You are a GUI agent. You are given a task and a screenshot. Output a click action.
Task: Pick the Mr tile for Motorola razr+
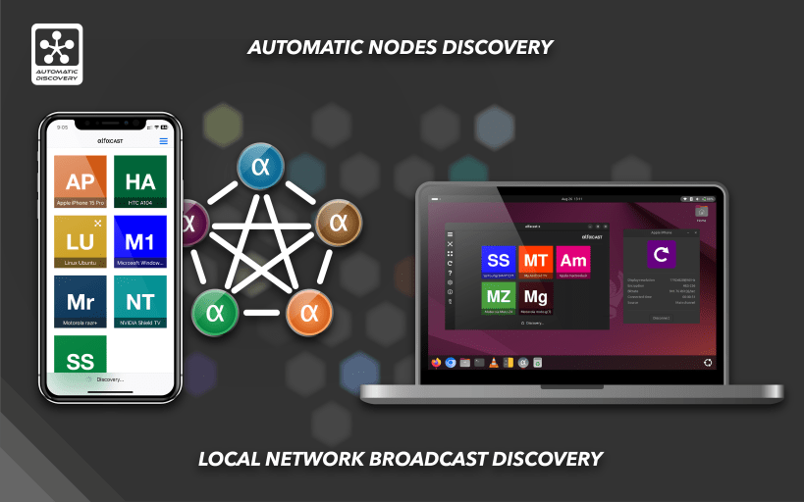(80, 301)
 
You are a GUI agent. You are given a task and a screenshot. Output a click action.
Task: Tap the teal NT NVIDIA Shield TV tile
(140, 301)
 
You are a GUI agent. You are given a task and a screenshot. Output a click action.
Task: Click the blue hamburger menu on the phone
(164, 141)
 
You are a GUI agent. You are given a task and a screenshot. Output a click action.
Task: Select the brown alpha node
(339, 223)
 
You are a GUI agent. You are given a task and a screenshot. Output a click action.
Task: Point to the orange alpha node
(309, 313)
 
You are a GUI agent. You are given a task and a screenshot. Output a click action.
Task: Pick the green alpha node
(214, 313)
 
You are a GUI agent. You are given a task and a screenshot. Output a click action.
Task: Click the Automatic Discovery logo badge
(57, 54)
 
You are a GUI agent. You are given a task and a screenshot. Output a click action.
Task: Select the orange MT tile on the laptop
(535, 261)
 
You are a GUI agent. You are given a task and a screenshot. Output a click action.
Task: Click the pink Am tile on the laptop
(572, 261)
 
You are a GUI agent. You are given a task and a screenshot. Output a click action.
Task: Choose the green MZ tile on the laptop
(499, 296)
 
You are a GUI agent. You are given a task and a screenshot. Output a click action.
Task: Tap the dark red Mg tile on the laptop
(535, 296)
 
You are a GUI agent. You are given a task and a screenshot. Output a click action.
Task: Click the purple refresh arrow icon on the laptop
(661, 256)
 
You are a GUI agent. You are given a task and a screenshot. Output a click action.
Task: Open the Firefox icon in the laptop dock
(437, 362)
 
